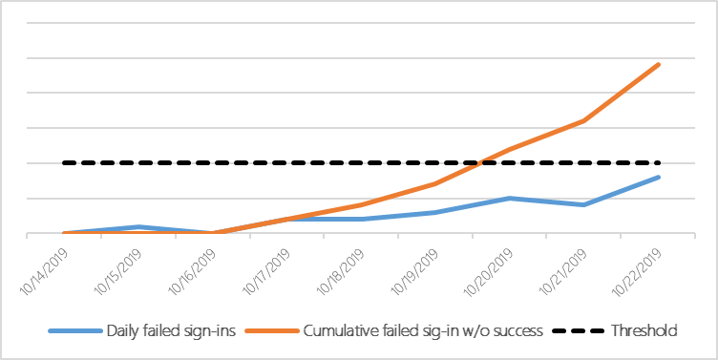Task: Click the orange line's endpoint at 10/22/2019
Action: coord(659,64)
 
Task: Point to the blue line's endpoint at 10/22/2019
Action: coord(659,177)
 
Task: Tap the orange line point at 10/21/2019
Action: coord(584,121)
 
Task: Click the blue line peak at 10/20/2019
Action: coord(510,198)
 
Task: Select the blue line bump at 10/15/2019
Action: coord(137,226)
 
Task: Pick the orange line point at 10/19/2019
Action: coord(435,183)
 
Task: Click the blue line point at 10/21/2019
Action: coord(584,204)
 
